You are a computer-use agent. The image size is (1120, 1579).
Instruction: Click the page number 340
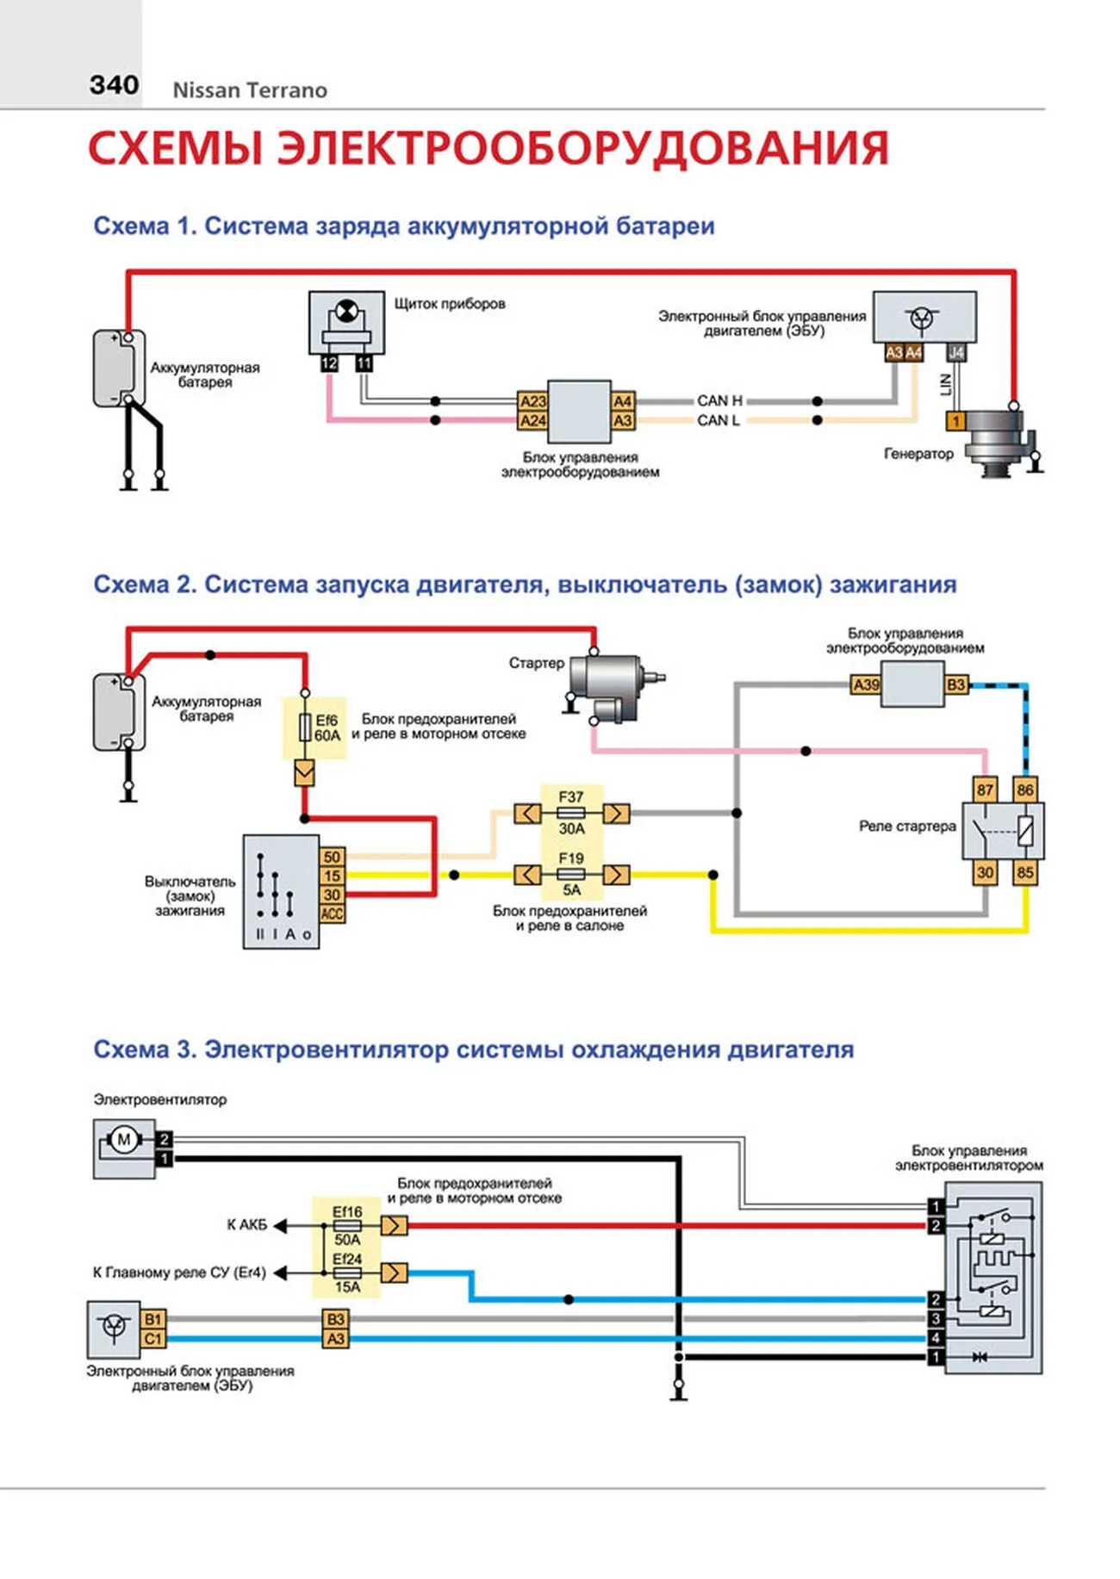coord(114,85)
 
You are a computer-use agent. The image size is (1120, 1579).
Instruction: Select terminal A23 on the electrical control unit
coord(533,401)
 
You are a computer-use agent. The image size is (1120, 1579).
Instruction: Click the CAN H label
coord(719,400)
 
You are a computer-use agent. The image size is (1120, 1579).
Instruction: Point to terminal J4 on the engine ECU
coord(956,353)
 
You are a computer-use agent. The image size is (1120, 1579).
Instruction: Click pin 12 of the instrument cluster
coord(329,364)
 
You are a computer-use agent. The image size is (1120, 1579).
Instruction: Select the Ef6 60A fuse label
coord(327,728)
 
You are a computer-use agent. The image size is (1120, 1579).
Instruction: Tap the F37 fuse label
coord(570,797)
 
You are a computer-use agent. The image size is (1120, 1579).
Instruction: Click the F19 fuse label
coord(570,858)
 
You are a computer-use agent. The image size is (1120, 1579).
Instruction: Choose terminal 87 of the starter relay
coord(985,789)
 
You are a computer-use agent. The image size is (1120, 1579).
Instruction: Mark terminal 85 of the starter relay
coord(1024,872)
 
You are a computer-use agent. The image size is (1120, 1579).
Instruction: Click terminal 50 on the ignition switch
coord(332,857)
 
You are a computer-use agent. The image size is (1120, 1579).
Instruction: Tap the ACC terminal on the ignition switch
coord(332,913)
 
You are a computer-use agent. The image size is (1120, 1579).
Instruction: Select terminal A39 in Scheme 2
coord(866,685)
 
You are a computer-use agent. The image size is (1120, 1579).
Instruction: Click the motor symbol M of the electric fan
coord(123,1140)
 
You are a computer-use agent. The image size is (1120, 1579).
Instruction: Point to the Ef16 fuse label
coord(347,1211)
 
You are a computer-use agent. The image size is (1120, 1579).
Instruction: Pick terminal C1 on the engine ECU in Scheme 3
coord(152,1339)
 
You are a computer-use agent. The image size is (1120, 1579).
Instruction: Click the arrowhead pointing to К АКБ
coord(281,1225)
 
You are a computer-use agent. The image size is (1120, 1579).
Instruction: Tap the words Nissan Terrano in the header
coord(250,90)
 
